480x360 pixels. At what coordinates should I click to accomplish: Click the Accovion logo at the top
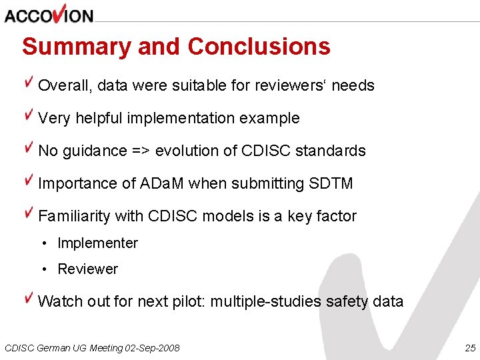pyautogui.click(x=49, y=14)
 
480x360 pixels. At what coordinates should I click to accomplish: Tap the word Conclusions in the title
pyautogui.click(x=259, y=47)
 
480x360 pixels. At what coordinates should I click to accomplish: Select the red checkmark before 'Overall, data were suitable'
pyautogui.click(x=29, y=83)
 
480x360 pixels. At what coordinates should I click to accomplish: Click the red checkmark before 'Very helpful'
pyautogui.click(x=29, y=115)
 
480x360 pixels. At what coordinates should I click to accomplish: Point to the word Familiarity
pyautogui.click(x=74, y=216)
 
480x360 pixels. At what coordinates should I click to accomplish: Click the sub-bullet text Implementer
pyautogui.click(x=97, y=243)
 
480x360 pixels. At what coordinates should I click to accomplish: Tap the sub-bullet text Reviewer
pyautogui.click(x=87, y=269)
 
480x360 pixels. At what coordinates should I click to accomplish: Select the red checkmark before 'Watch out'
pyautogui.click(x=29, y=298)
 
